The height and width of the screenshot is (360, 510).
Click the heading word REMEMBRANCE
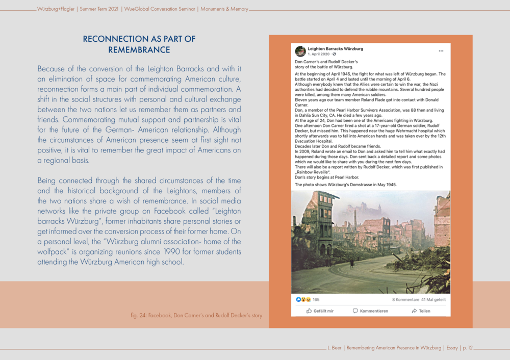tap(139, 50)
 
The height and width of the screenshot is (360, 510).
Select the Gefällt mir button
tap(320, 311)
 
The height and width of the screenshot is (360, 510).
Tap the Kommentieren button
tap(370, 311)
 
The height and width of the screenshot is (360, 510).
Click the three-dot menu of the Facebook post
tap(441, 51)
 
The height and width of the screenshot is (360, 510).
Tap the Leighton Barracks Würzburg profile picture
tap(300, 51)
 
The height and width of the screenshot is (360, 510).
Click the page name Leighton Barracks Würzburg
tap(335, 48)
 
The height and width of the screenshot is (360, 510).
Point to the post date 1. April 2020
tap(319, 54)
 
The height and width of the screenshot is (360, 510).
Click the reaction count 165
tap(316, 299)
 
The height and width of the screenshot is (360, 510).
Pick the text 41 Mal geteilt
tap(433, 299)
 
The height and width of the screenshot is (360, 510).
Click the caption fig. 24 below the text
tap(196, 316)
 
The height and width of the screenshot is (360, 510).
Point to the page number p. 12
tap(467, 348)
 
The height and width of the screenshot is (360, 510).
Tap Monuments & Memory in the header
tap(224, 9)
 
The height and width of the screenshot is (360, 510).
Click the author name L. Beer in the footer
tap(335, 348)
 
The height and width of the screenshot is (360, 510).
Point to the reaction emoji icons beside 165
tap(303, 299)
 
